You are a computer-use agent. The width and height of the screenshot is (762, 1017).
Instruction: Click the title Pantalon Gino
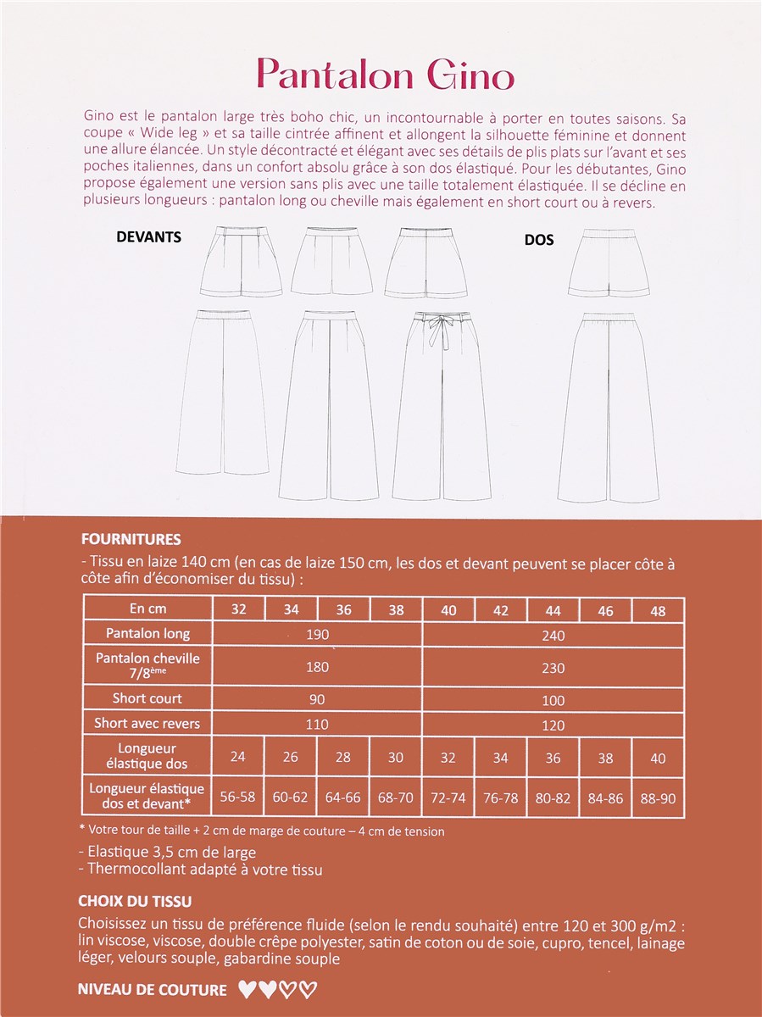(386, 75)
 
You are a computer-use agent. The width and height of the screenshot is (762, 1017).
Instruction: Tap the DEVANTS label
(148, 237)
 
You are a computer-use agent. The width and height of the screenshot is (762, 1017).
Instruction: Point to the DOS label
(539, 240)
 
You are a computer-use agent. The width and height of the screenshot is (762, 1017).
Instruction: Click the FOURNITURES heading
(130, 539)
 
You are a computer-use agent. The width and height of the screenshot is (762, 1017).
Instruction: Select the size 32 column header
(238, 609)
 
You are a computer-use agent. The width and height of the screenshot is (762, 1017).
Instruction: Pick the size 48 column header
(658, 610)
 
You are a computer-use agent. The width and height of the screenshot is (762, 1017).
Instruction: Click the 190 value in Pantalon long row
(317, 635)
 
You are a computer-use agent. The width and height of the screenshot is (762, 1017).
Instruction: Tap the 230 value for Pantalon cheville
(553, 668)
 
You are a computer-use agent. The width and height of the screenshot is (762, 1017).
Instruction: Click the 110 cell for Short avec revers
(317, 725)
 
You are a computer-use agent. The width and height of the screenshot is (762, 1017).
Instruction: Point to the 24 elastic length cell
(238, 757)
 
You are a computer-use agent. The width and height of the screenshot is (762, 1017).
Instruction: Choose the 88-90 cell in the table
(658, 798)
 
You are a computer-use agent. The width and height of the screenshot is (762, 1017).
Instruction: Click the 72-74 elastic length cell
(448, 798)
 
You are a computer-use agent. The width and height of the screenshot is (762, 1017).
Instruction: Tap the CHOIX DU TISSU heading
(135, 900)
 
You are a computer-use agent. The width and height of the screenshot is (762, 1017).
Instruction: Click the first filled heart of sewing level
(248, 989)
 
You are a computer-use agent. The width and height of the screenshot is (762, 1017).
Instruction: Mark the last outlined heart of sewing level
(309, 989)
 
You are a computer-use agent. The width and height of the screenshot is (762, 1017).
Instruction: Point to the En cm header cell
(147, 609)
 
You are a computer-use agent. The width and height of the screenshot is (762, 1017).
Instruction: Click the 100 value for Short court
(553, 699)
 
